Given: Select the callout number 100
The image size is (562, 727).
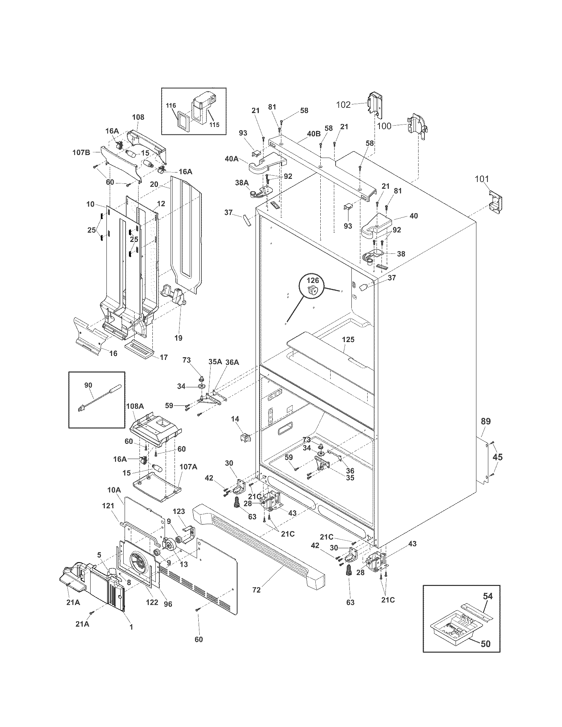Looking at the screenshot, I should tap(384, 126).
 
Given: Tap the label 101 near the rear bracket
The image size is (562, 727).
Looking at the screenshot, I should tap(482, 179).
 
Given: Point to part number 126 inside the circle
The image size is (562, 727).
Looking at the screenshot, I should tap(313, 280).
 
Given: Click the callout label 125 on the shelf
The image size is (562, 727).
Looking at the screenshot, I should tap(347, 339).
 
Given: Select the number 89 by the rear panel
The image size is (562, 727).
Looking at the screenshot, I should tap(485, 421).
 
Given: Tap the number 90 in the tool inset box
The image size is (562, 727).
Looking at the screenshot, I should tap(88, 385).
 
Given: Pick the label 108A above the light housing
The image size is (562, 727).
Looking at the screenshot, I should tap(135, 406).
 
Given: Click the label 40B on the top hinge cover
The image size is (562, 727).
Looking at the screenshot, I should tap(313, 134).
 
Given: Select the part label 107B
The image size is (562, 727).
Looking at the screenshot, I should tap(81, 153).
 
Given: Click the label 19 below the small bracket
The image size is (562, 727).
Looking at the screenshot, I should tap(179, 338).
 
